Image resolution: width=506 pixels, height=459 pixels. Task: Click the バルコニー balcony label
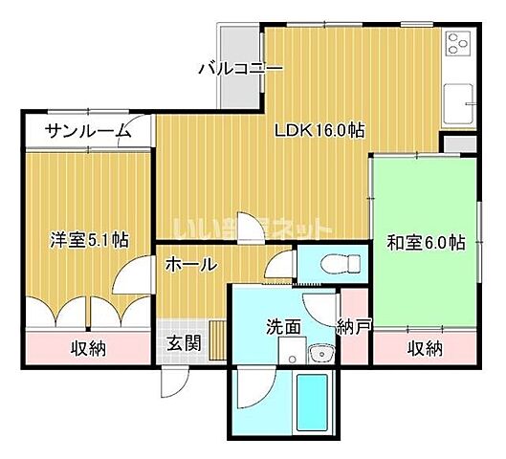point(240,69)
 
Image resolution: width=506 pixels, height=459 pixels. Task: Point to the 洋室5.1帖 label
point(90,239)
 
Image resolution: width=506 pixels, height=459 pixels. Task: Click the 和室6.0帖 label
point(426,242)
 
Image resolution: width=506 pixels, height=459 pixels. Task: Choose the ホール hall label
point(191,265)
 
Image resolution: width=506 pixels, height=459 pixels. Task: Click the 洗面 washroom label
point(284,327)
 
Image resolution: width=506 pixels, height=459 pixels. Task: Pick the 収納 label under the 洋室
point(88,349)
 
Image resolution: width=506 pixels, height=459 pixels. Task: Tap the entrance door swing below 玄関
point(171,382)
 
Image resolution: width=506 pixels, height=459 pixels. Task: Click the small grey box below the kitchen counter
point(457,143)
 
